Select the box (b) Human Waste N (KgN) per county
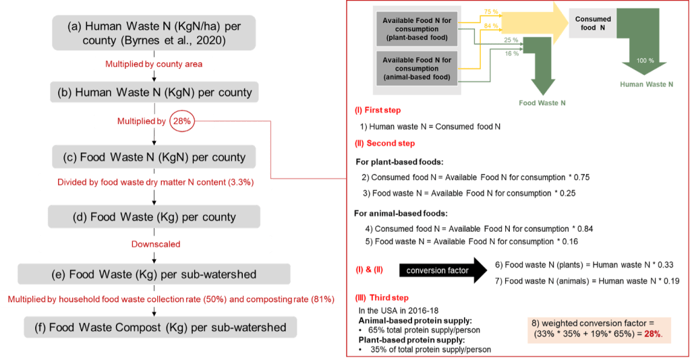coord(154,92)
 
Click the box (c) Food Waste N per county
coord(154,157)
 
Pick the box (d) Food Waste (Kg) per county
coord(154,217)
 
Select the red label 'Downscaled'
coord(155,243)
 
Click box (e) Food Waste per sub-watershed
coord(154,274)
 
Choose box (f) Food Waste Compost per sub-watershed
coord(154,328)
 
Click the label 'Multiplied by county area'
coord(154,64)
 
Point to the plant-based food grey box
coord(417,29)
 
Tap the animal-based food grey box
coord(417,68)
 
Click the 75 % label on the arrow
coord(492,12)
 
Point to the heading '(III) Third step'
coord(384,297)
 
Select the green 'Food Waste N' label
coord(542,103)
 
